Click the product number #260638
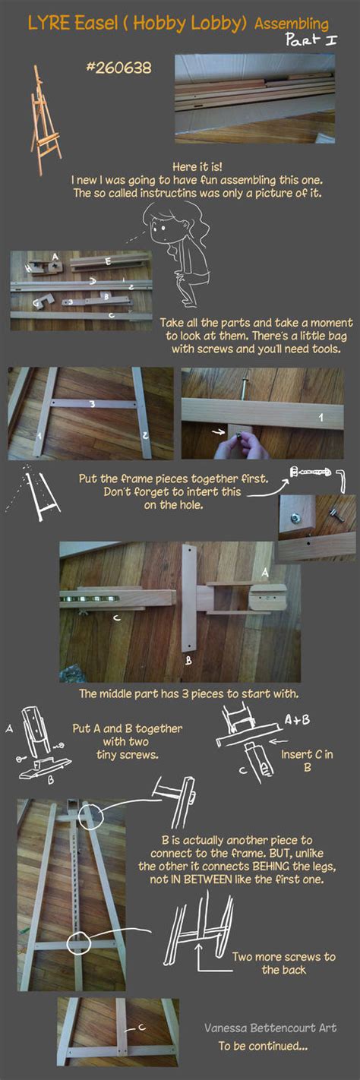118,68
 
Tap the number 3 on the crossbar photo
92,405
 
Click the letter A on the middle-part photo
264,570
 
